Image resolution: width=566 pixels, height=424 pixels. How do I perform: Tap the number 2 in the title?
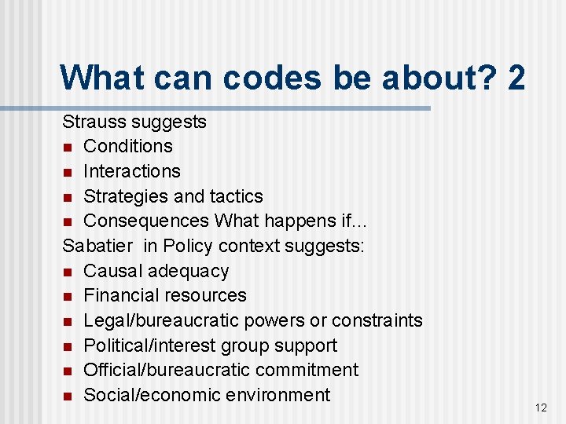coord(516,78)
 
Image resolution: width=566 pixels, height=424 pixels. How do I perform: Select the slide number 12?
coord(540,408)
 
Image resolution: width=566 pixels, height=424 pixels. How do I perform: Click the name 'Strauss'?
coord(94,122)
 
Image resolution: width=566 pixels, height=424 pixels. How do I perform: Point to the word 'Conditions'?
coord(128,146)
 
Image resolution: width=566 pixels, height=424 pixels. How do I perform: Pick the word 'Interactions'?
coord(132,171)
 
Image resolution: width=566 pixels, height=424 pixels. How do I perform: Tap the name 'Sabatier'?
coord(97,246)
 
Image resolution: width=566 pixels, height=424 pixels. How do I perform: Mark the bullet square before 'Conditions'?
coord(68,147)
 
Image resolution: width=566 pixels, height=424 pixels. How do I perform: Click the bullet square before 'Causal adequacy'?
coord(68,272)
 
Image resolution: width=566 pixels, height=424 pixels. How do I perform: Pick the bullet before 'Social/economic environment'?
coord(68,396)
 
